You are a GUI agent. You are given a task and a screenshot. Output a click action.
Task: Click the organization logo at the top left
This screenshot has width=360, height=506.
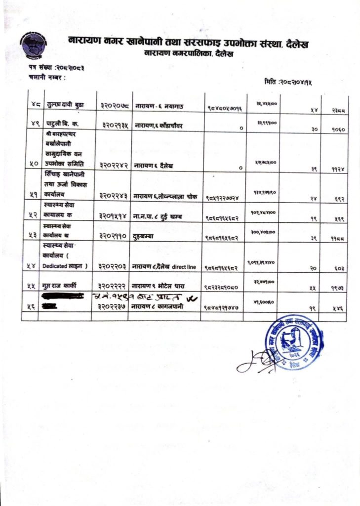(33, 46)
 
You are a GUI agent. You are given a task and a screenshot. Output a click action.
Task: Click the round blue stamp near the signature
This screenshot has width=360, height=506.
(295, 342)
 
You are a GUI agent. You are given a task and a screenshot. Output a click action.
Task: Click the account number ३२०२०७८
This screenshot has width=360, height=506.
(113, 106)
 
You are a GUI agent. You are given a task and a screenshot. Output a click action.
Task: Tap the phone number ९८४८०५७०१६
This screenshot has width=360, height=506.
(225, 107)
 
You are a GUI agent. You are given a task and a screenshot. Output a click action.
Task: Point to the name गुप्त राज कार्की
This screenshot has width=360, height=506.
(63, 286)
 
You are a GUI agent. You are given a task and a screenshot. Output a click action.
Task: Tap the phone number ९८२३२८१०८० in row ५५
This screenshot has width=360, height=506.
(225, 287)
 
